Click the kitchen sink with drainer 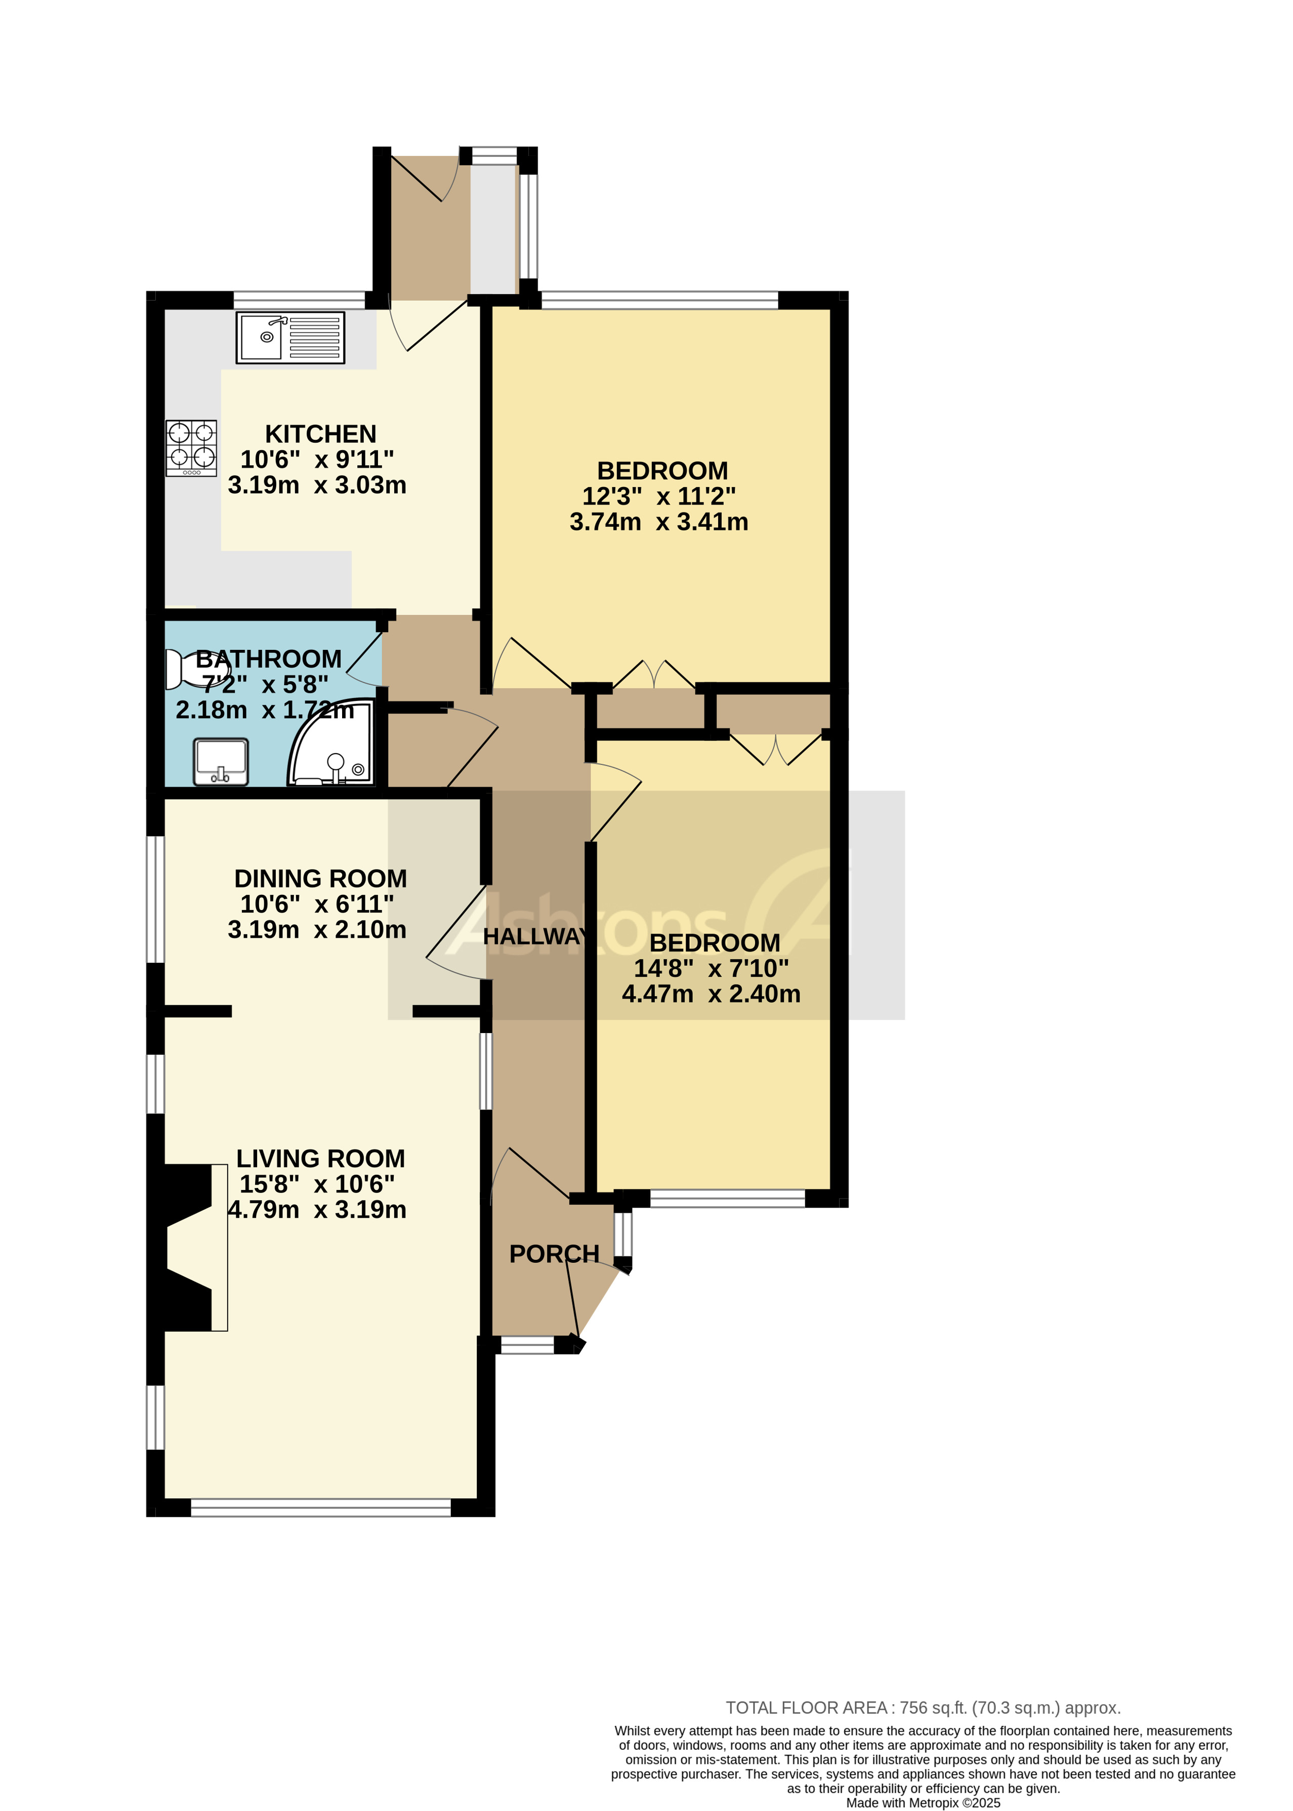(290, 337)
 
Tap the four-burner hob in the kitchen (191, 447)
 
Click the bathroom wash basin (221, 761)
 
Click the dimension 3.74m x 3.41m (658, 522)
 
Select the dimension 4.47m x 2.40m (711, 994)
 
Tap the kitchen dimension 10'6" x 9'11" (317, 460)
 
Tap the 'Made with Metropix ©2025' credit (923, 1803)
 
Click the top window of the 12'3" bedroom (659, 300)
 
